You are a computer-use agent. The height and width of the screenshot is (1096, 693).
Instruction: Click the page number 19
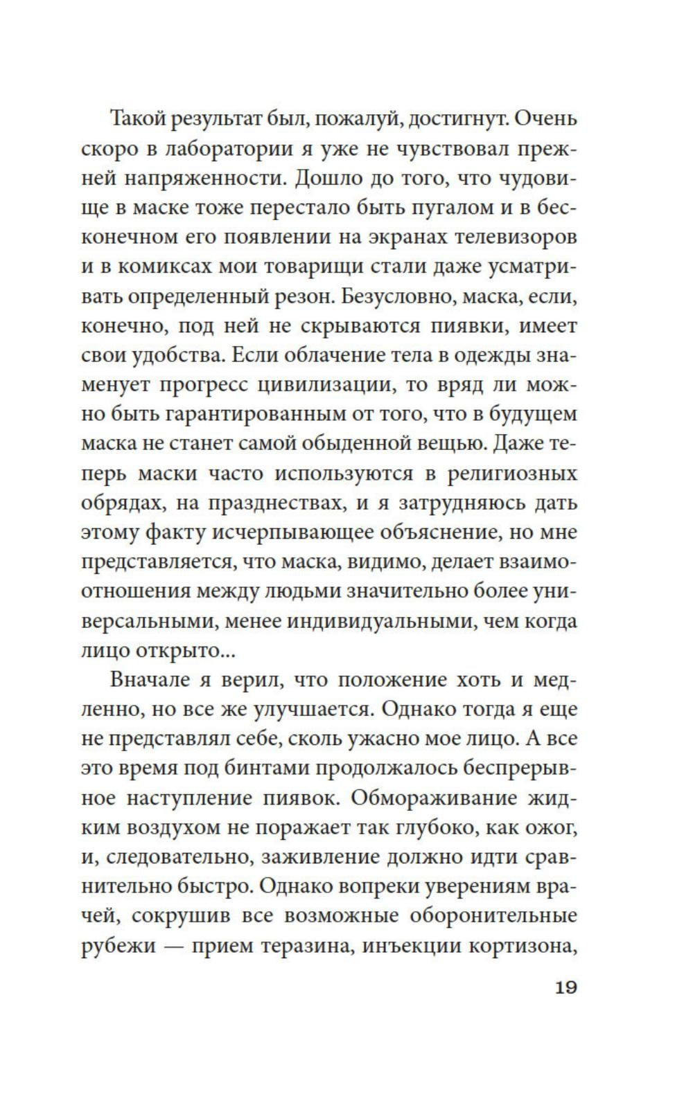565,987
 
